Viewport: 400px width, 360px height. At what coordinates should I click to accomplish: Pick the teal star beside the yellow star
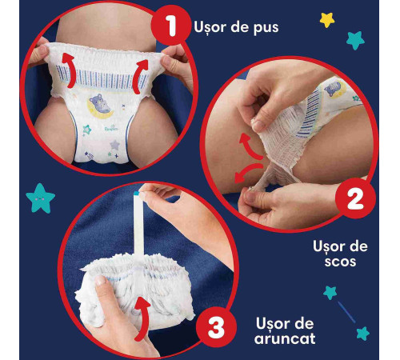click(355, 39)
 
